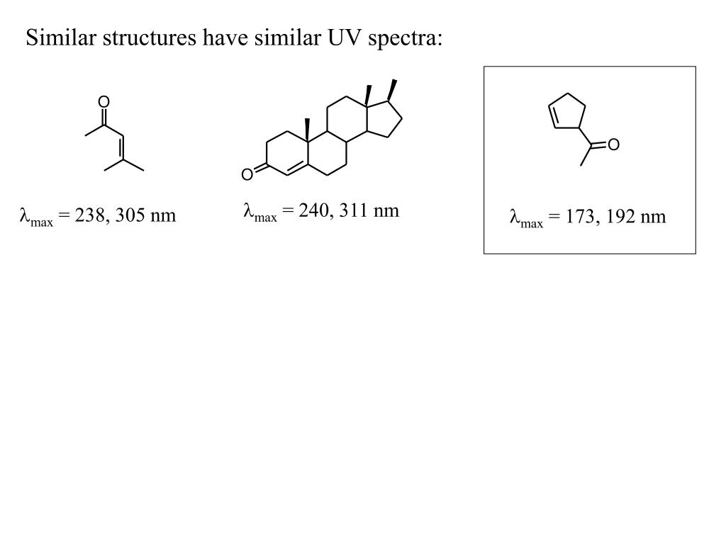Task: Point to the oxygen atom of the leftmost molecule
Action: click(104, 103)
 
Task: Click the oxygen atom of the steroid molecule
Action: click(247, 174)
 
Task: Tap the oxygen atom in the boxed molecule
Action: click(614, 144)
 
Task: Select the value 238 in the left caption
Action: click(91, 215)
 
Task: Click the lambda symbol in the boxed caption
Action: click(515, 217)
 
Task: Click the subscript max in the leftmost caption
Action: click(42, 222)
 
